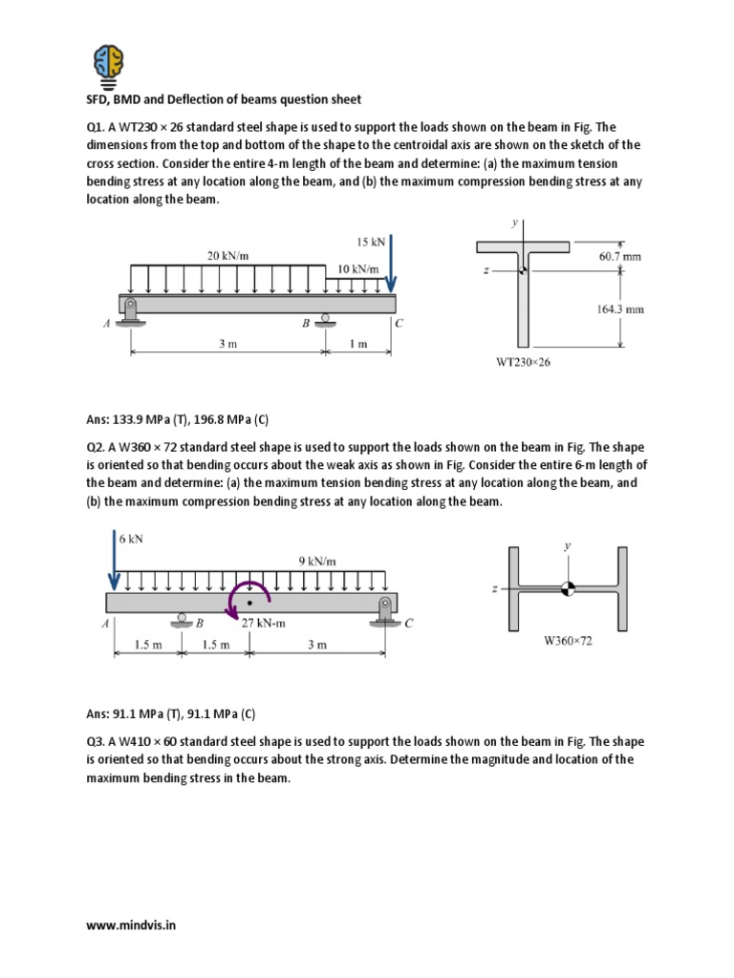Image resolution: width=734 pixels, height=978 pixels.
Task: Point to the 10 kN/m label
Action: point(358,269)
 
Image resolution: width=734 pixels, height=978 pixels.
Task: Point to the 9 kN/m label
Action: point(315,561)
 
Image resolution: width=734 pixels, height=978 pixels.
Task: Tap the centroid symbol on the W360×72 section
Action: point(568,589)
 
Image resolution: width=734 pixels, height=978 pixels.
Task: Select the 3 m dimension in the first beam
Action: point(227,345)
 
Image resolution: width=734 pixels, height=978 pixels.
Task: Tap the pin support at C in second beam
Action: point(385,610)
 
